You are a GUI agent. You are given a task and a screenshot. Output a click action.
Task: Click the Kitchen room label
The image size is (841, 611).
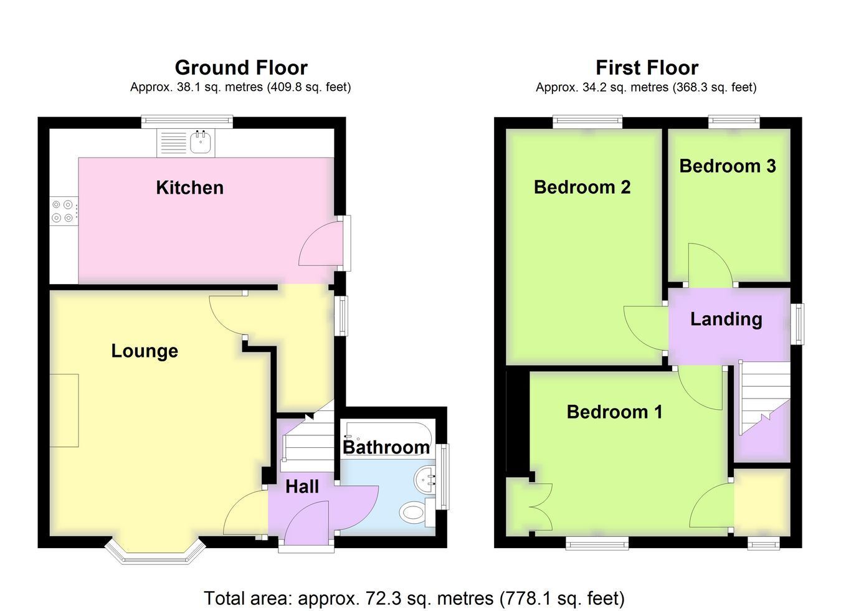[189, 187]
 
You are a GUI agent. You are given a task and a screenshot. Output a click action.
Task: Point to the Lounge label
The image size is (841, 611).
[145, 351]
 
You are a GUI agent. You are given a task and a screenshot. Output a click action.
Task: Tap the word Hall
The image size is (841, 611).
[302, 487]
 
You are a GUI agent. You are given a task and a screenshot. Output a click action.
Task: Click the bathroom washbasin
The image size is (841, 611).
[425, 480]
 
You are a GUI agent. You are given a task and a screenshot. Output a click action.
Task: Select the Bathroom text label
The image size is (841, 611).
[386, 448]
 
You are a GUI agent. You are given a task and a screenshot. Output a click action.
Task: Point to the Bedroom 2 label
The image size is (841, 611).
[582, 187]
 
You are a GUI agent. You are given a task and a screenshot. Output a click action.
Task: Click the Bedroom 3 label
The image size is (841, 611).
[728, 166]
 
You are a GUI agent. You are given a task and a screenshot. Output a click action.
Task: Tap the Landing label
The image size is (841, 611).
[726, 320]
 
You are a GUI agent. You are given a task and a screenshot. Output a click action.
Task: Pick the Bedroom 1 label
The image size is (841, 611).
[615, 412]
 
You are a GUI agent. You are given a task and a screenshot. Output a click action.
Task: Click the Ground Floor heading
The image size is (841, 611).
[241, 68]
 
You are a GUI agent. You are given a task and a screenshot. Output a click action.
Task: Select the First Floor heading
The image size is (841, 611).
[647, 68]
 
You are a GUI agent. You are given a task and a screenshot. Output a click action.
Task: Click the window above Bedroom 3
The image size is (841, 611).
[734, 121]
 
